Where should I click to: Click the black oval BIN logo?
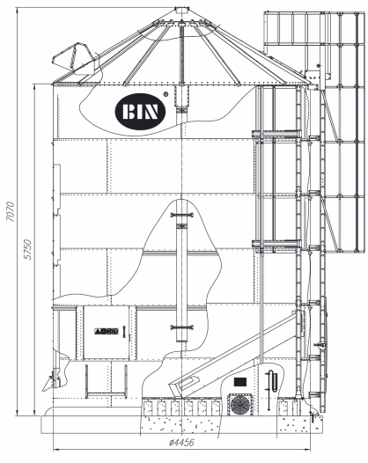tap(140, 111)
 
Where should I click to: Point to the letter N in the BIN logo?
tap(151, 112)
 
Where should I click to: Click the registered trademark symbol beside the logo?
tap(166, 94)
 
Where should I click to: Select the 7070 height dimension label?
tap(11, 211)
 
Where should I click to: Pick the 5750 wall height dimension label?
tap(28, 249)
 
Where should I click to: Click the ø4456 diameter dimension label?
tap(182, 442)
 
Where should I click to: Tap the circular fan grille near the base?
tap(239, 405)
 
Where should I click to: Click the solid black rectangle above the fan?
tap(240, 382)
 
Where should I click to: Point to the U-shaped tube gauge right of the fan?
tap(272, 381)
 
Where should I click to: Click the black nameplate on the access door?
tap(107, 331)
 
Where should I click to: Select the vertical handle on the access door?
tap(124, 332)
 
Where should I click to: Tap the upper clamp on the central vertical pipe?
tap(182, 215)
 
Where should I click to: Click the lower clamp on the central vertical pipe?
tap(182, 327)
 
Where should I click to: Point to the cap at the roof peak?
tap(181, 11)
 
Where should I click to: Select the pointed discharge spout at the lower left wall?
tap(49, 384)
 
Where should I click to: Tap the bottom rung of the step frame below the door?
tap(107, 393)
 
